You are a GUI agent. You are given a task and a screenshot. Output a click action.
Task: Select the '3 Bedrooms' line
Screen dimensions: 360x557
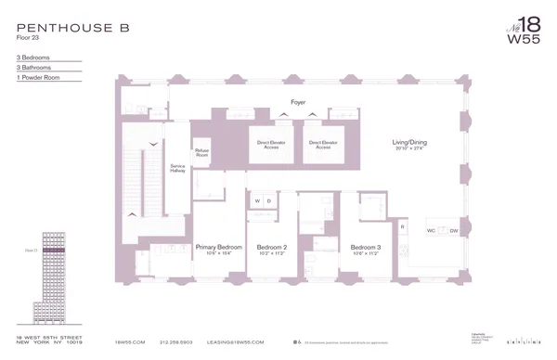(32, 58)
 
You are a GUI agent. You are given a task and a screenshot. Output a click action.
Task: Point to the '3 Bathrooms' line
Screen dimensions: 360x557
(32, 67)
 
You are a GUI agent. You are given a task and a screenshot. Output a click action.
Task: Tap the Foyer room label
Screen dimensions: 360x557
(298, 102)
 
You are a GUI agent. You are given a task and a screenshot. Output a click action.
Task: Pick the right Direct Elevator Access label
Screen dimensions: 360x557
(322, 144)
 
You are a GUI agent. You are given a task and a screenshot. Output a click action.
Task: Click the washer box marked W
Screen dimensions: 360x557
(257, 200)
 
